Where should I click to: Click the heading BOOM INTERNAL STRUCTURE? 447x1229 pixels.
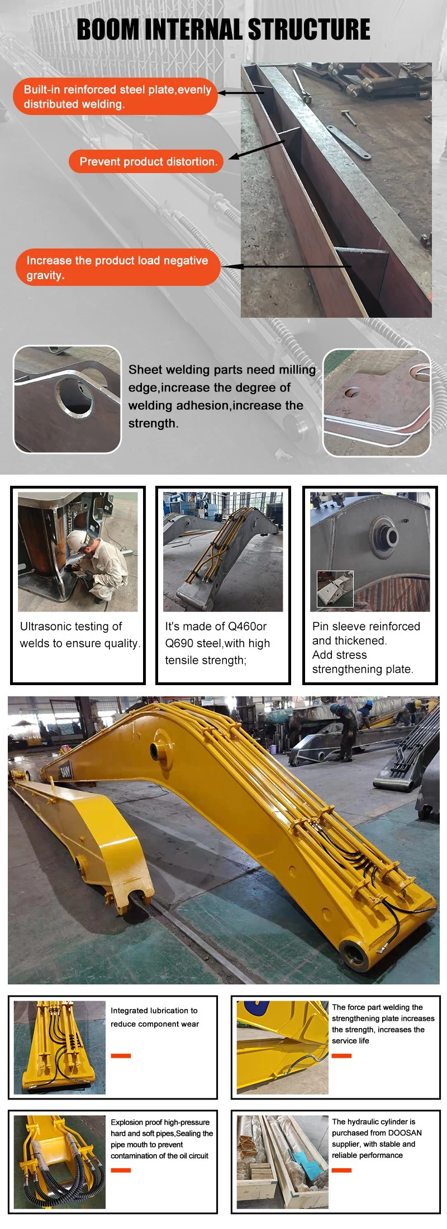point(223,30)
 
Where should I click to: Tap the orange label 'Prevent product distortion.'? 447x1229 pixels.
point(146,161)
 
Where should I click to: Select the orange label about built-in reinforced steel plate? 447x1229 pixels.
point(116,97)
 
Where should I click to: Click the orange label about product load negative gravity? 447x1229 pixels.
point(117,267)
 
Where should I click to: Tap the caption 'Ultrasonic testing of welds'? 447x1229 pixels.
point(80,635)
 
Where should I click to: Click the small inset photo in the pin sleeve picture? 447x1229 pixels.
point(335,589)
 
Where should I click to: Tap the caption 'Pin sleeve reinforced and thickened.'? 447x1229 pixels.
point(366,633)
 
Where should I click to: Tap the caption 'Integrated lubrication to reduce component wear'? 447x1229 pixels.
point(154,1017)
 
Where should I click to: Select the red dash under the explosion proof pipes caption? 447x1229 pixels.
point(121,1170)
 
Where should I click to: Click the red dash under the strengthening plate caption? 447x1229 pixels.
point(341,1055)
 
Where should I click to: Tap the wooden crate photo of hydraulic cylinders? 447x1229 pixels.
point(282,1162)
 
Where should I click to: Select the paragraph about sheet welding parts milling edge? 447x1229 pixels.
point(222,396)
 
